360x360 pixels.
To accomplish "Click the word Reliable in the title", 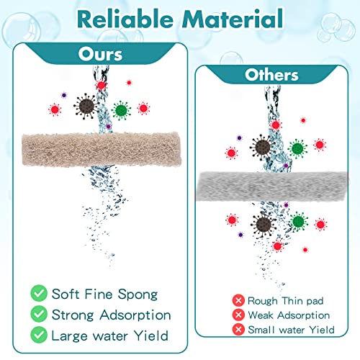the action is (x=125, y=19).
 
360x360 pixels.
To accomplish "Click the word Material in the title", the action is (x=233, y=19).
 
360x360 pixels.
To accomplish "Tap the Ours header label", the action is (x=100, y=55).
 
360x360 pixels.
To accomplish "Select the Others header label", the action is (x=271, y=75).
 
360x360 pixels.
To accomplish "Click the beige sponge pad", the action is (x=102, y=149).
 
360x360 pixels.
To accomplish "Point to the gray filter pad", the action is (x=273, y=186).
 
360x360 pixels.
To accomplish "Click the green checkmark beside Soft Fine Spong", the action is (x=39, y=293).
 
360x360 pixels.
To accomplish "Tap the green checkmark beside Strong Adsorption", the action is (x=39, y=314).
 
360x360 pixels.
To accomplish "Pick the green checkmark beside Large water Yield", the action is (x=39, y=335).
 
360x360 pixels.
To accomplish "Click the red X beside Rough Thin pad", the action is (x=238, y=300).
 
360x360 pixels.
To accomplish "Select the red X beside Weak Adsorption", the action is (x=238, y=315).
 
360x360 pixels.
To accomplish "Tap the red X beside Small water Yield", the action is (x=238, y=330).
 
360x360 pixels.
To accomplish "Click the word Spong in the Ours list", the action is (x=138, y=294).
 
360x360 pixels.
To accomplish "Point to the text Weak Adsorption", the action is (x=289, y=315).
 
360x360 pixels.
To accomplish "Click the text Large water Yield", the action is (x=110, y=336).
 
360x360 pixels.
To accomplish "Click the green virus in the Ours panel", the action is (x=121, y=110).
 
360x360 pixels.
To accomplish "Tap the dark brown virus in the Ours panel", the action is (x=86, y=107).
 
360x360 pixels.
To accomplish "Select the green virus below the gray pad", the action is (x=298, y=222).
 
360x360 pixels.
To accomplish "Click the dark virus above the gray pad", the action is (x=262, y=147).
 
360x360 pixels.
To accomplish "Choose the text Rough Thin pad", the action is (x=286, y=301).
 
